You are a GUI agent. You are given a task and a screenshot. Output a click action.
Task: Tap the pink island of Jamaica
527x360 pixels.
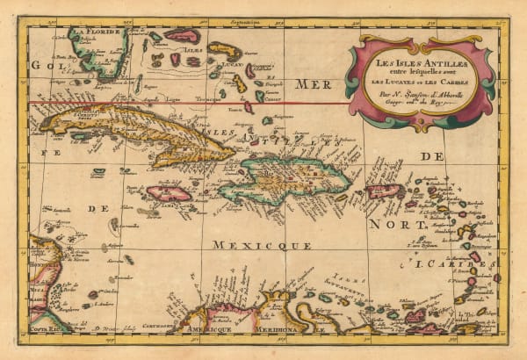pos(169,192)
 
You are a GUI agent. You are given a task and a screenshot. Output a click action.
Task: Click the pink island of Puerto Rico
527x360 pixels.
pos(383,191)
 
